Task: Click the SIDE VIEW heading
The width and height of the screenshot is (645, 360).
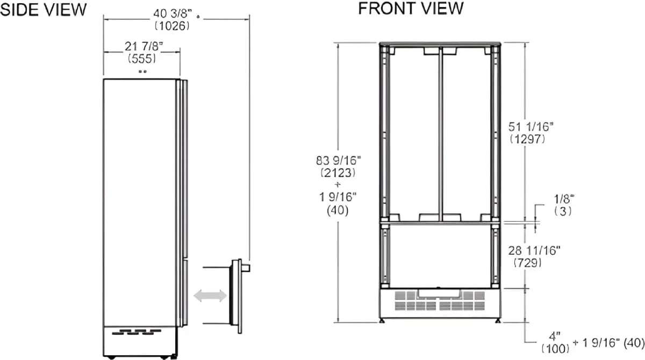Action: click(43, 10)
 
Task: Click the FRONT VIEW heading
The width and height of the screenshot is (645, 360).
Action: click(411, 9)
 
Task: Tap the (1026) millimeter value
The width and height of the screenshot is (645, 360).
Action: click(172, 26)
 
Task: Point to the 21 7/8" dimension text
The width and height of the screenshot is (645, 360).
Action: click(144, 46)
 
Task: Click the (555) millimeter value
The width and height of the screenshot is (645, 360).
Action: click(142, 59)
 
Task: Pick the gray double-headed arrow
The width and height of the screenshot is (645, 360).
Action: click(210, 296)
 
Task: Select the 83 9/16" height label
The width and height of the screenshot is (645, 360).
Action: click(338, 160)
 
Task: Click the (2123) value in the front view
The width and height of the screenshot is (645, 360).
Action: click(338, 172)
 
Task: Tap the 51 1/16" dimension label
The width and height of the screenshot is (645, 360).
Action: click(531, 127)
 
